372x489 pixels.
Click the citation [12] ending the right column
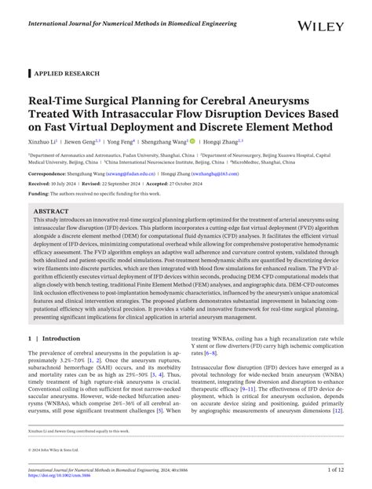coord(337,432)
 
